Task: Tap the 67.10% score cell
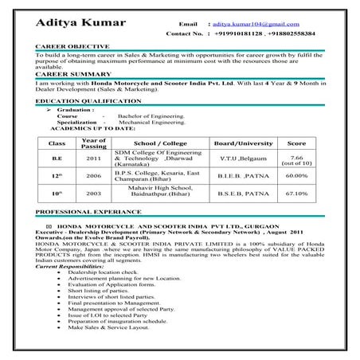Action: pos(296,193)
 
